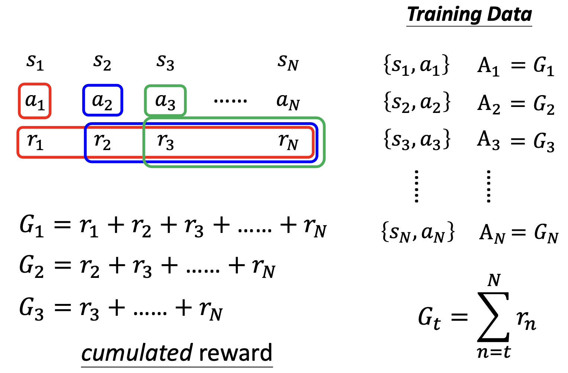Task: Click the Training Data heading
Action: pyautogui.click(x=469, y=15)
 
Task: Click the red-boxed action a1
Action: pyautogui.click(x=35, y=101)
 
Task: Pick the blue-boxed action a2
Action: pyautogui.click(x=102, y=101)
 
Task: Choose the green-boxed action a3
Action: pyautogui.click(x=165, y=101)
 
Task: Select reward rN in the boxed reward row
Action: pyautogui.click(x=288, y=142)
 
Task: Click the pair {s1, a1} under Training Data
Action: pyautogui.click(x=416, y=65)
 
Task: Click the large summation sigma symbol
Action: pyautogui.click(x=493, y=317)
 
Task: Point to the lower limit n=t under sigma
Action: pyautogui.click(x=494, y=351)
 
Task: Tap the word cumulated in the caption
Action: pyautogui.click(x=137, y=353)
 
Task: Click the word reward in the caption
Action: pyautogui.click(x=235, y=353)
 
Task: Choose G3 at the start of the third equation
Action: pyautogui.click(x=32, y=308)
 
